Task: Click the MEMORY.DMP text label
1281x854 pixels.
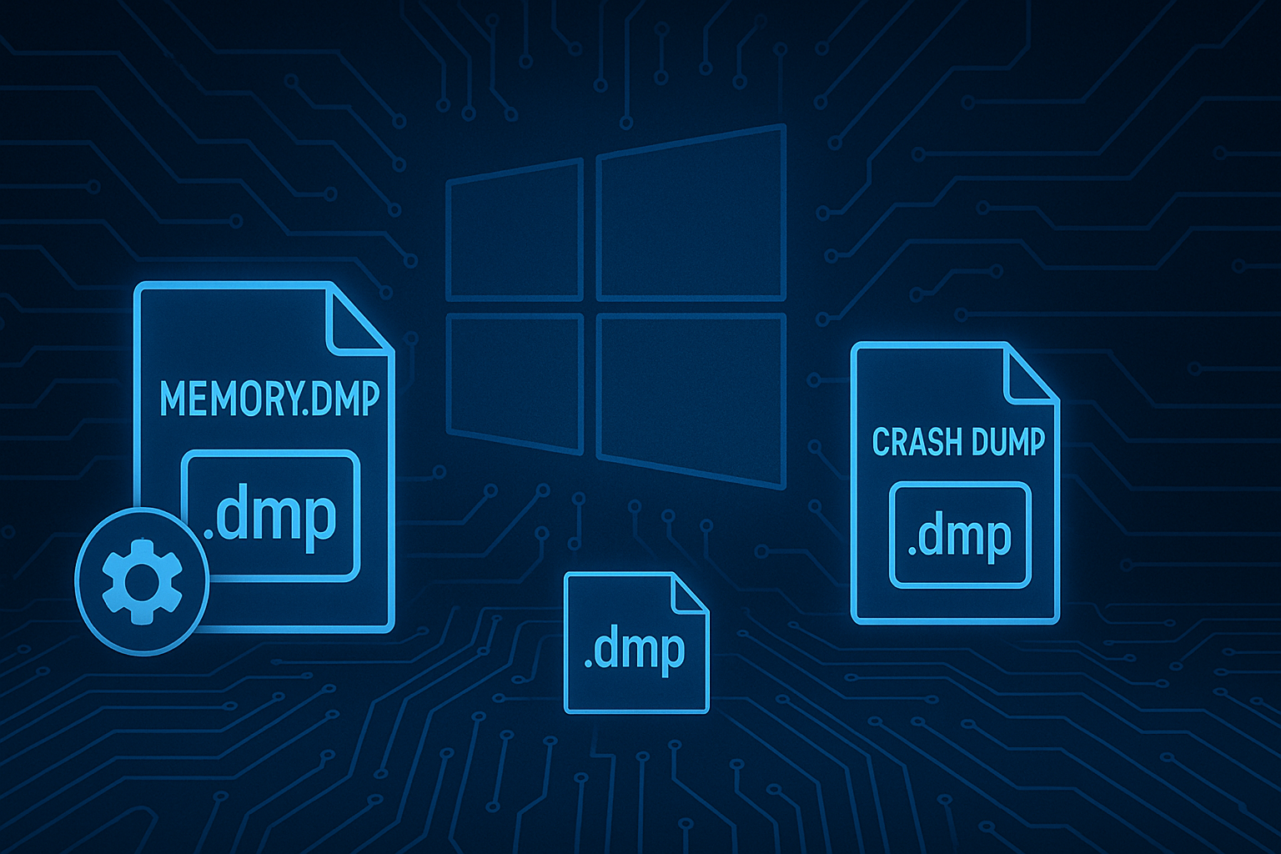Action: pos(269,399)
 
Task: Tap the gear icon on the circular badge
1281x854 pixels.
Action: pos(141,580)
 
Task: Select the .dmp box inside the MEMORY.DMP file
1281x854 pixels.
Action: pos(270,515)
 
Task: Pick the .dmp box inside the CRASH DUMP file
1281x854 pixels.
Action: pos(960,535)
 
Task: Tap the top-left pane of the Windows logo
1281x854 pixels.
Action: pos(514,231)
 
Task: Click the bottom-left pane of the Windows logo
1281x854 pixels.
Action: pos(515,382)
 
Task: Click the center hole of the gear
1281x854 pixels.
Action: pos(141,580)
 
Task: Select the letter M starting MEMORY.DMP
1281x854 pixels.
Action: pos(173,399)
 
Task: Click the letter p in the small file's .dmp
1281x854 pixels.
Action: pos(671,651)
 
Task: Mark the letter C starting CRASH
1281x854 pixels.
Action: pos(882,442)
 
